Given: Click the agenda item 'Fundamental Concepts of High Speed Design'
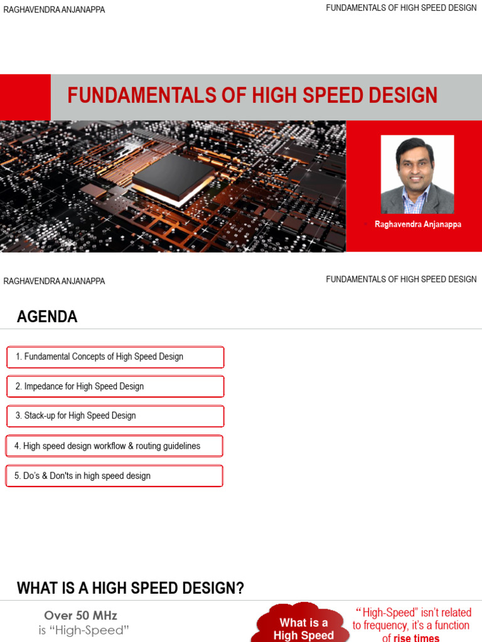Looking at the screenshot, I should (x=115, y=357).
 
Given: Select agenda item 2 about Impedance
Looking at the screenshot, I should (x=115, y=386).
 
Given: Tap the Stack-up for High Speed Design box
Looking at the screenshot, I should (x=115, y=416).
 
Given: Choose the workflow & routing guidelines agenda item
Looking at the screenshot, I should (x=114, y=446).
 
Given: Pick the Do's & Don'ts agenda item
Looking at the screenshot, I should (x=114, y=476).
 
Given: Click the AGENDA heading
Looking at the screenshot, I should (x=47, y=317).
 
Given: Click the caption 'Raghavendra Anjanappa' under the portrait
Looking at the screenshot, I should (x=418, y=224).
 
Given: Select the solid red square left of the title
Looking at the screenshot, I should (x=25, y=97).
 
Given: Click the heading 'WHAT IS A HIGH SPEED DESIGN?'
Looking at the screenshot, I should (x=131, y=588).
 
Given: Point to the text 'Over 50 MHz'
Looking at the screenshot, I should (x=80, y=616).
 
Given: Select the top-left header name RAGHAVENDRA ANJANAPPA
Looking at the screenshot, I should (x=55, y=9).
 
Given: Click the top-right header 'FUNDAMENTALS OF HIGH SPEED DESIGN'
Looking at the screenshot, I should (x=401, y=8).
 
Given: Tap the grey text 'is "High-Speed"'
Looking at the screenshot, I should (x=83, y=631).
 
